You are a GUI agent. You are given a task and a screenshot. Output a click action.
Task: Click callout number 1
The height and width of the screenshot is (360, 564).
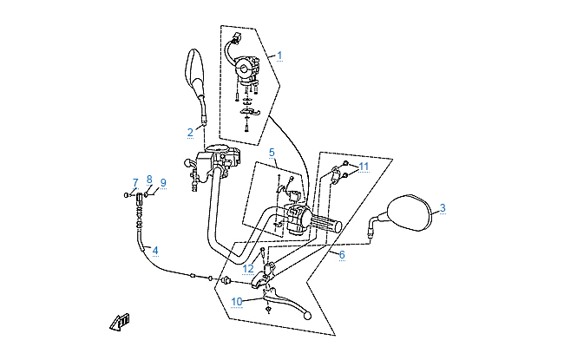279,55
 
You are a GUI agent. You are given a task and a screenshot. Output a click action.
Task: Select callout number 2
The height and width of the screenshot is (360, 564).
190,133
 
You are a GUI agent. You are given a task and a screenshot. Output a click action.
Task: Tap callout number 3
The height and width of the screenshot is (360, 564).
442,208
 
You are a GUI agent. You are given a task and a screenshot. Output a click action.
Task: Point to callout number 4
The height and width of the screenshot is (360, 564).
155,251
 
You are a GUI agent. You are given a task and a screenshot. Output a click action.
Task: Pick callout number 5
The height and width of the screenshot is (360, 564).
272,153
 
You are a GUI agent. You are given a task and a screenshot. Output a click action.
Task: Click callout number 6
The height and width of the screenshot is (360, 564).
342,255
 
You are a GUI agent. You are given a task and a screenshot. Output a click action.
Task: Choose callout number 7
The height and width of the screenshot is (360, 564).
135,182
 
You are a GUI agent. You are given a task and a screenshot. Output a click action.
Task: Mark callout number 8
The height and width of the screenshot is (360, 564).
149,180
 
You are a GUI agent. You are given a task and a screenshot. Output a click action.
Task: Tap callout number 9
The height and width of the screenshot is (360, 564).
162,183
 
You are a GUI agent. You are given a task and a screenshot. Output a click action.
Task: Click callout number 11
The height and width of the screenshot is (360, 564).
364,166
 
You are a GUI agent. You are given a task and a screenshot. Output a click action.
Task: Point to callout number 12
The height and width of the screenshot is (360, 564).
249,269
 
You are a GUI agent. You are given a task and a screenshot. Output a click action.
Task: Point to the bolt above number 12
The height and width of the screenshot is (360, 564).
262,252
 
